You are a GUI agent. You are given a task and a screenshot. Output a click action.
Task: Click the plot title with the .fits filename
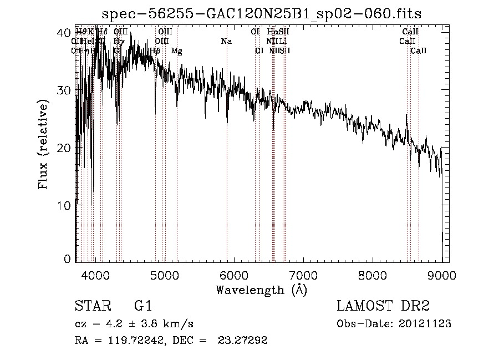click(262, 13)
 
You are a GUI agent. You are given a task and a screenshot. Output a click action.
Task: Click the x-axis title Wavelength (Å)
click(262, 289)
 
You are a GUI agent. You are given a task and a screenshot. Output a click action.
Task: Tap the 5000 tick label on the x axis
click(165, 275)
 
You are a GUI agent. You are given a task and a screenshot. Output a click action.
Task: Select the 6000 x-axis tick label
click(234, 275)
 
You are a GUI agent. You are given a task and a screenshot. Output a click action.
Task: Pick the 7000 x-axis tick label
click(303, 275)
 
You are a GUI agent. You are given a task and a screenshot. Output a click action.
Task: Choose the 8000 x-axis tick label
click(373, 275)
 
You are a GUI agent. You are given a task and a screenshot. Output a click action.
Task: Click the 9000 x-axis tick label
click(442, 275)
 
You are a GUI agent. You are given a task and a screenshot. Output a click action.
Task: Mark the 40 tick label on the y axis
click(65, 33)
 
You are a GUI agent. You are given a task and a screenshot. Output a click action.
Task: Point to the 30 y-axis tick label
click(65, 90)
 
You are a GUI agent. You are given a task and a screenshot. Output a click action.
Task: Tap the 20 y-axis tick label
click(65, 148)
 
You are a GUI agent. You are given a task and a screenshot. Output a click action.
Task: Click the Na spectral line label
click(226, 41)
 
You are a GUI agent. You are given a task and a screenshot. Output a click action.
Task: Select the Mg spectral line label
click(176, 51)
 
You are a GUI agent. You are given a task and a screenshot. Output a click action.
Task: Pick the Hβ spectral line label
click(156, 51)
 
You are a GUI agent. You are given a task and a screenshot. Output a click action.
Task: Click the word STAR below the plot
click(91, 306)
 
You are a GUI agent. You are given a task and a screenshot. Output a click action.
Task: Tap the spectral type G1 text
click(142, 306)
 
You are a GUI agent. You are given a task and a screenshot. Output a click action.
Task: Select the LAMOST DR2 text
click(383, 306)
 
